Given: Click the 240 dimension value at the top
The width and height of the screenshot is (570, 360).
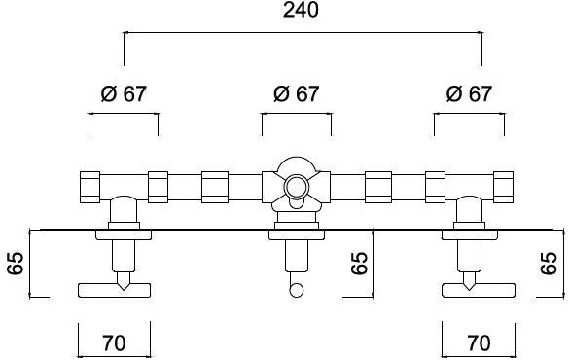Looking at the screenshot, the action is (x=303, y=11).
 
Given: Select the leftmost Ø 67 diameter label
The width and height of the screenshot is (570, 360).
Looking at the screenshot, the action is (x=124, y=94).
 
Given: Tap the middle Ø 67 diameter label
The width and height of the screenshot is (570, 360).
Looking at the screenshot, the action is (x=296, y=94).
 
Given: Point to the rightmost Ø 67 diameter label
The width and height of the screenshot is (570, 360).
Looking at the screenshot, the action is (x=469, y=94).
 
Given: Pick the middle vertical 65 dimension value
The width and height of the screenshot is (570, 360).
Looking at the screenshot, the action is (x=361, y=263).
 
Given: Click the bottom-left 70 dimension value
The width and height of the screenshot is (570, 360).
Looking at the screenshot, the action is (x=114, y=342).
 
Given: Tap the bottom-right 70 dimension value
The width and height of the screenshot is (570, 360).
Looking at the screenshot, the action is (x=479, y=342).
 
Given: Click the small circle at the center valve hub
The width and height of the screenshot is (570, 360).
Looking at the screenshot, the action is (x=296, y=186).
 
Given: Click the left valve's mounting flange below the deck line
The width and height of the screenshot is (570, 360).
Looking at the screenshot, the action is (x=123, y=234).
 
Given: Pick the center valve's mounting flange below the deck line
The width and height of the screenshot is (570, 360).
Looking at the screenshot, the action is (x=296, y=234).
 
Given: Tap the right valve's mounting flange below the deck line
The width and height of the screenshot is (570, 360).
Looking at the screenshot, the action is (x=469, y=234).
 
